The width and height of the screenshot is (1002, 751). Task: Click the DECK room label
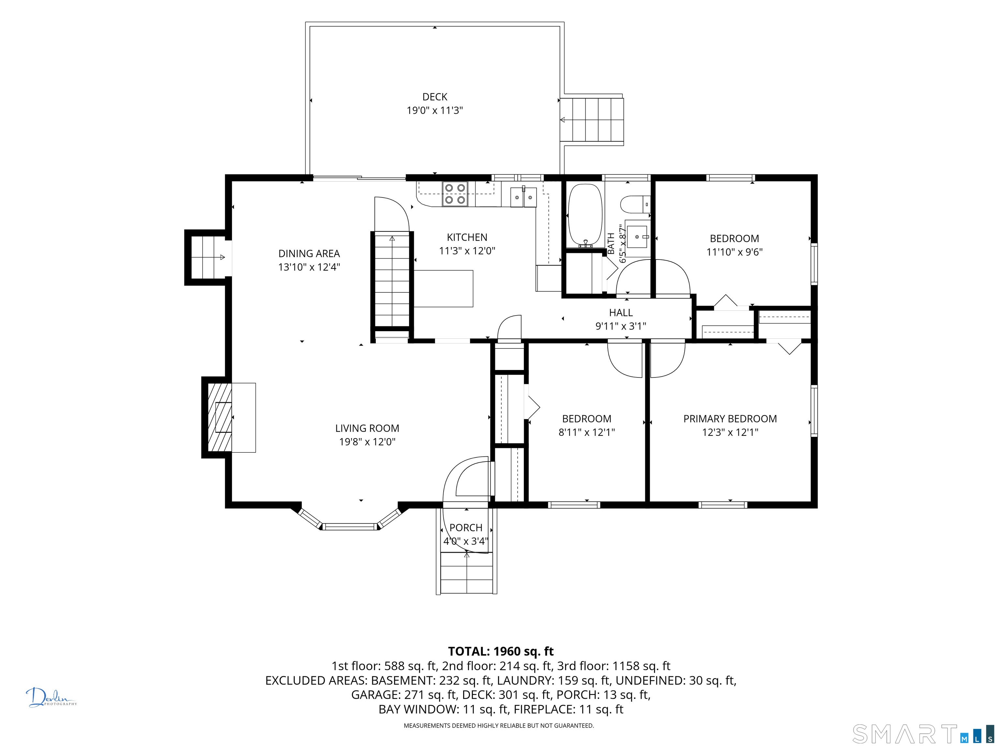[434, 97]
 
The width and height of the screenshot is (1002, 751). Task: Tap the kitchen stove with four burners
[455, 194]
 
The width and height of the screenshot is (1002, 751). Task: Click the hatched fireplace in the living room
[220, 417]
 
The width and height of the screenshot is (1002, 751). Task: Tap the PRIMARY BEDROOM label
[730, 419]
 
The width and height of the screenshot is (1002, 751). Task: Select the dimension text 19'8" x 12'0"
[367, 442]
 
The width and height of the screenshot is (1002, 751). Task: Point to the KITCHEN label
[467, 237]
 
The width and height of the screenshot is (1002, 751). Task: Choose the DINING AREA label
[309, 254]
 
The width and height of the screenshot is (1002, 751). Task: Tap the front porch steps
[466, 573]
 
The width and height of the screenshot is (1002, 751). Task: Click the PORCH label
[466, 528]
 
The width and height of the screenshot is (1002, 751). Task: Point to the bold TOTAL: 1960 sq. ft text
[501, 651]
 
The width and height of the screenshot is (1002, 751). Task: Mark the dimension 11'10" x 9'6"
[734, 252]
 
